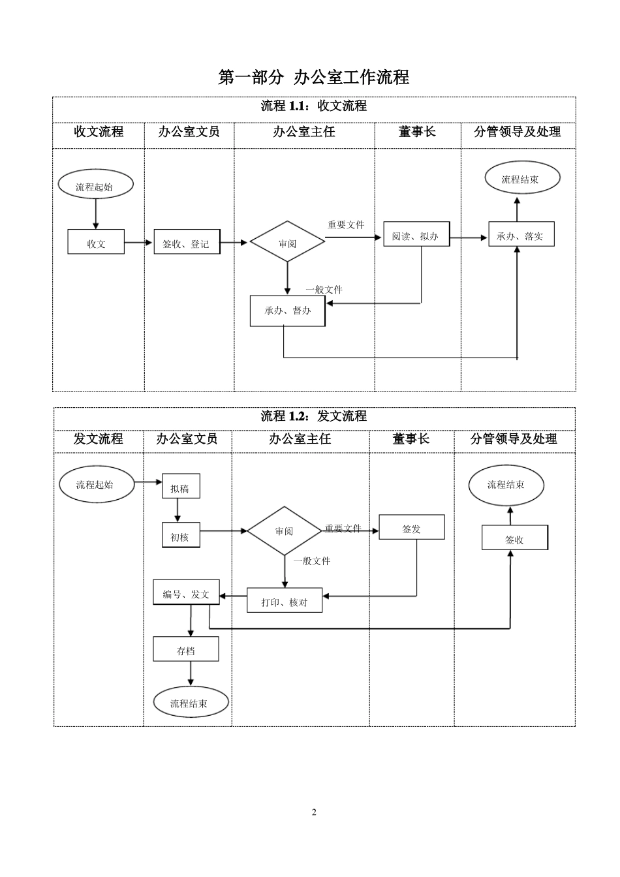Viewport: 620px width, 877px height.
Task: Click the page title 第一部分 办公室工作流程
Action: [313, 78]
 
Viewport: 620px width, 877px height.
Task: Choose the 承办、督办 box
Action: [287, 311]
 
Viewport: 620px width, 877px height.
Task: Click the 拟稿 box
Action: [180, 487]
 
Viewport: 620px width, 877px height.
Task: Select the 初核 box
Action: [180, 536]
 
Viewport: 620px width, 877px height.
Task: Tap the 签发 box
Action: [411, 527]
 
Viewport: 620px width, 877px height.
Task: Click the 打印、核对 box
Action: [285, 600]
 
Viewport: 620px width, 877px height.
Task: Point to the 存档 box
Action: [186, 649]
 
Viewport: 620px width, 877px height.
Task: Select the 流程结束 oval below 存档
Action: [191, 703]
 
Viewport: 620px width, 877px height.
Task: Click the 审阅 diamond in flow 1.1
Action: [287, 243]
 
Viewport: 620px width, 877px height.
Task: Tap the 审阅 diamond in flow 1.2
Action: [285, 531]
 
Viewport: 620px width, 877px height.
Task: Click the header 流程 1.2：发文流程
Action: [314, 416]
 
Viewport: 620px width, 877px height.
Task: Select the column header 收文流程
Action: [99, 132]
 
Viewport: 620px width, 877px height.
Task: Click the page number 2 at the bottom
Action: [314, 812]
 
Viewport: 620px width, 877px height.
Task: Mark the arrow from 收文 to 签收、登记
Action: [138, 243]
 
